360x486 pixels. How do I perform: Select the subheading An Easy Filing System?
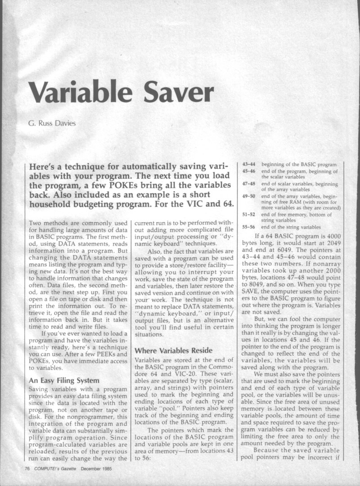click(x=61, y=380)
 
